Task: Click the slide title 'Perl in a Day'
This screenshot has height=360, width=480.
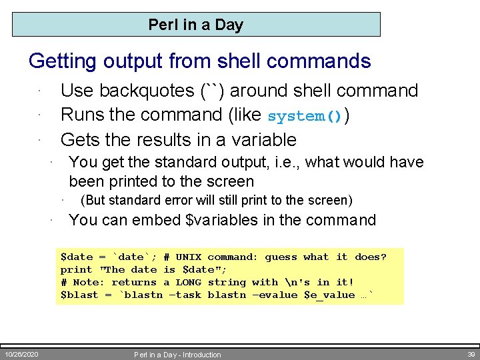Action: pos(195,25)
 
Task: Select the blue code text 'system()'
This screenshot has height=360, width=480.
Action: pos(305,116)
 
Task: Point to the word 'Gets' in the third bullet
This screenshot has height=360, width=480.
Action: pos(81,140)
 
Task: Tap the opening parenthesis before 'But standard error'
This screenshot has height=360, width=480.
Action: pos(82,201)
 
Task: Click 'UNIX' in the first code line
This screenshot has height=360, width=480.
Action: pos(188,257)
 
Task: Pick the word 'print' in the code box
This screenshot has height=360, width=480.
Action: pos(76,270)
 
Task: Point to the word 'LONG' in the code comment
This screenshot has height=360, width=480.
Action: pos(188,283)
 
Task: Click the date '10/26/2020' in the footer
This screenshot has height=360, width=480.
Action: pos(21,354)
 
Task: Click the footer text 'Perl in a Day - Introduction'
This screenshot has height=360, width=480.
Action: pos(177,355)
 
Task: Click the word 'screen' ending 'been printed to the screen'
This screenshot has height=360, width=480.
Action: pos(231,181)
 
